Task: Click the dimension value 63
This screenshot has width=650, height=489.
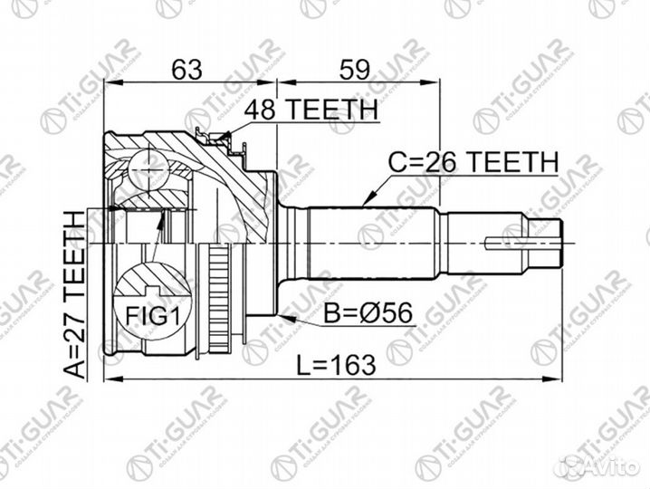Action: pyautogui.click(x=186, y=69)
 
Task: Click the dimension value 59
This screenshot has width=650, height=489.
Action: pyautogui.click(x=354, y=69)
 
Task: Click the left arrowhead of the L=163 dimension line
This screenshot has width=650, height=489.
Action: pyautogui.click(x=108, y=376)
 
